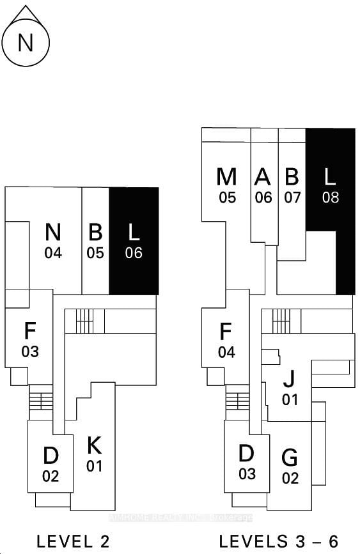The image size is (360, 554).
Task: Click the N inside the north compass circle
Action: coord(26,43)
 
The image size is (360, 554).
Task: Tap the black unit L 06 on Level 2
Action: coord(134,241)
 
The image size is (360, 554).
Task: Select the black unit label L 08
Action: coord(330,185)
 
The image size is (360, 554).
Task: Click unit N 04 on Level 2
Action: coord(54,241)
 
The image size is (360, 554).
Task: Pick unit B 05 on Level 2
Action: coord(95,241)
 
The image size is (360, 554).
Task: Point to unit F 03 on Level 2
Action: coord(30,339)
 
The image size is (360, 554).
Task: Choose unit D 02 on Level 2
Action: coord(51,464)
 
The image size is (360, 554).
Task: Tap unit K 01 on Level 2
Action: coord(95,454)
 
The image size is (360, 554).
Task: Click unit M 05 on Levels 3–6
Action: coord(227,185)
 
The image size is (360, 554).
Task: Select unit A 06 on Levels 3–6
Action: coord(263,185)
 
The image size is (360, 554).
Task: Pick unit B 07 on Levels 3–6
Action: coord(292,185)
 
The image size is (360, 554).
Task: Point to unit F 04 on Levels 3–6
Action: coord(226,340)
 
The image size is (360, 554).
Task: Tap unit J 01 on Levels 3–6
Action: coord(290,388)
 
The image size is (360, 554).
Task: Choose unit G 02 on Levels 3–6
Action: coord(290,466)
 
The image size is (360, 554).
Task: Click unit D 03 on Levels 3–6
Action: coord(247,462)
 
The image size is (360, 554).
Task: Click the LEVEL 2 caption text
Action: coord(73,541)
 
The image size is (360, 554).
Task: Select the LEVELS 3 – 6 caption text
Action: coord(279,541)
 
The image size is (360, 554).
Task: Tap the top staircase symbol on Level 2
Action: coord(84,321)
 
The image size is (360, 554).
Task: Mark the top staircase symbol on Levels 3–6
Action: coord(281,321)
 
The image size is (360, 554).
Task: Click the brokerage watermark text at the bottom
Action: coord(180,517)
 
